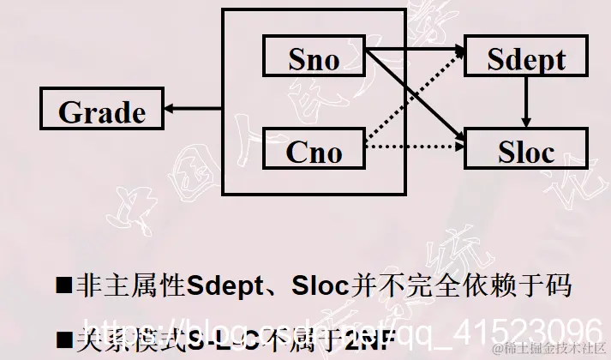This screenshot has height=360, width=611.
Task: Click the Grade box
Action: [102, 112]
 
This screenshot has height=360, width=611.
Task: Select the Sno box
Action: [314, 59]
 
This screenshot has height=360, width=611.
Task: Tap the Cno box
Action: [314, 151]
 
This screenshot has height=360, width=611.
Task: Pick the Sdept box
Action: [526, 59]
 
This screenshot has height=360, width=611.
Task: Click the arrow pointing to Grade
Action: [194, 109]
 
